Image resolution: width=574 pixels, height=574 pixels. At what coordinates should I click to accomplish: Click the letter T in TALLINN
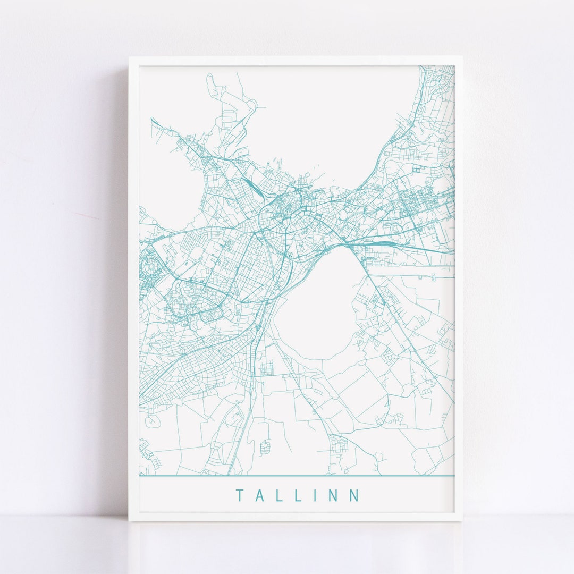pos(239,496)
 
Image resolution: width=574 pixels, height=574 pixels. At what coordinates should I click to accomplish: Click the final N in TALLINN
pos(354,496)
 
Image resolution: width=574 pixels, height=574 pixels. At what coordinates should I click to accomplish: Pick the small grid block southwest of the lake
pos(266,367)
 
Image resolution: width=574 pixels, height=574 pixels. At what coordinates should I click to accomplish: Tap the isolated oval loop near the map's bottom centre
pos(265,447)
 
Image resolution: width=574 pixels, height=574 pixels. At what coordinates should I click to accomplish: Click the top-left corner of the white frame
pos(130,57)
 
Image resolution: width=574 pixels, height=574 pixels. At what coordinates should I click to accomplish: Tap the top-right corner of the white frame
pos(461,57)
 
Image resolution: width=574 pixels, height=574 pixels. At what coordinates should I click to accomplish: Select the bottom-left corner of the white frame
pos(130,520)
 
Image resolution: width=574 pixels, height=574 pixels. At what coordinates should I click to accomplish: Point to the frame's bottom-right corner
pos(461,520)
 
